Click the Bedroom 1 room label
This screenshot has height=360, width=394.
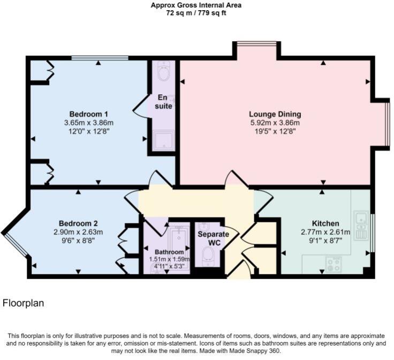[x=89, y=114]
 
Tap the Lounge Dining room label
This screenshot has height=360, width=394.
[x=275, y=114]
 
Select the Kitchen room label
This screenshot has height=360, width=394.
[x=325, y=223]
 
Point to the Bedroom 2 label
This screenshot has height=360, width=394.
[x=78, y=223]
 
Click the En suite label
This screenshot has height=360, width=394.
[x=163, y=102]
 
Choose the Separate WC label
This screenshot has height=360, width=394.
[x=214, y=238]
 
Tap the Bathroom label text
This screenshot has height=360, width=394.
[x=169, y=252]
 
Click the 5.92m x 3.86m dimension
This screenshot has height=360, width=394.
[x=275, y=123]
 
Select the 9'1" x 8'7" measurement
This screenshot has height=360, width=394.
[x=325, y=241]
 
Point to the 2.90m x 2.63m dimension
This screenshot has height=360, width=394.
[x=78, y=232]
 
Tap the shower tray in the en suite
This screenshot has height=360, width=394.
[x=164, y=140]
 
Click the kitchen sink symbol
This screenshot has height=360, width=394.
[x=361, y=226]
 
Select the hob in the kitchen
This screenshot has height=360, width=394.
[x=334, y=265]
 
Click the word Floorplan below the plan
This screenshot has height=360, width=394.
[x=24, y=303]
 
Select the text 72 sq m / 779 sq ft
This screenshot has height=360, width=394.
[x=196, y=13]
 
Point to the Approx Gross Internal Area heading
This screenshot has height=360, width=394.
[x=196, y=5]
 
